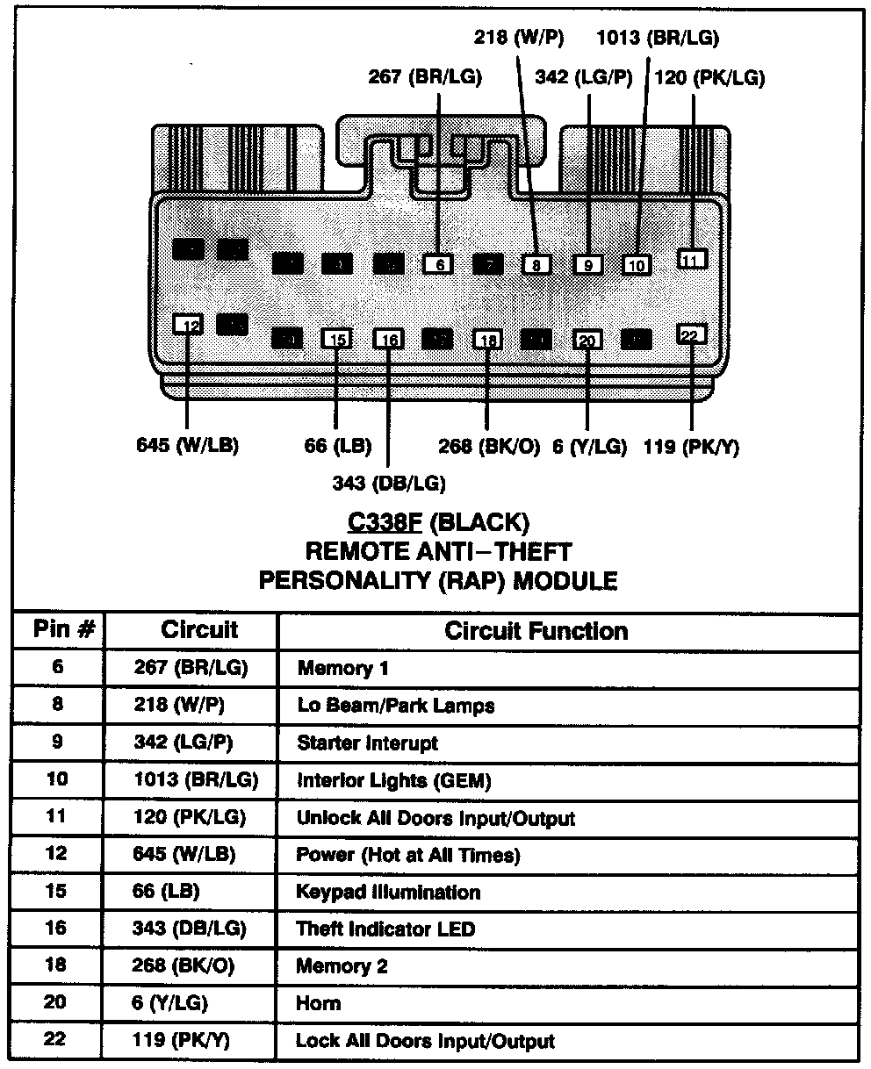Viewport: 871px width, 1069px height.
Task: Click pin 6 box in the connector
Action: point(438,263)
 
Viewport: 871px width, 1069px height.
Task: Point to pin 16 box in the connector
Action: point(389,340)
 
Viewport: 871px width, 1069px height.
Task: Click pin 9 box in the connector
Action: point(588,264)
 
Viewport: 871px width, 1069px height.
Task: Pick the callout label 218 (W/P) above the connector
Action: point(519,37)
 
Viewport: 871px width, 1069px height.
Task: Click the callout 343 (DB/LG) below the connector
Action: point(389,483)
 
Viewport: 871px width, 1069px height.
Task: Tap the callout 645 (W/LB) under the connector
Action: point(188,445)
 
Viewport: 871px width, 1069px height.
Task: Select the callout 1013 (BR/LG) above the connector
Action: point(658,37)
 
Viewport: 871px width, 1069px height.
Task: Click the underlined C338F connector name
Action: point(385,523)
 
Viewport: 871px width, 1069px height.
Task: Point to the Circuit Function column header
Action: point(536,631)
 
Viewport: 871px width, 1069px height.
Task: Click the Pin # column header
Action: point(58,629)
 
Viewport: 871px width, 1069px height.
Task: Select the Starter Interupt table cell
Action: point(367,743)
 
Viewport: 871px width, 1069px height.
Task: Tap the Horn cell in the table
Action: point(319,1004)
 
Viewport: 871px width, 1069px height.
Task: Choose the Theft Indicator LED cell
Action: point(387,929)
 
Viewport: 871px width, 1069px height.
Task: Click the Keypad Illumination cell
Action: point(388,893)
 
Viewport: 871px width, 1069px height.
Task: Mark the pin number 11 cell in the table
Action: point(57,817)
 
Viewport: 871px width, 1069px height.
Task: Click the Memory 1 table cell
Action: point(342,669)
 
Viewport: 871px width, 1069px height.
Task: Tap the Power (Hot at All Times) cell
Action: point(407,855)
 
